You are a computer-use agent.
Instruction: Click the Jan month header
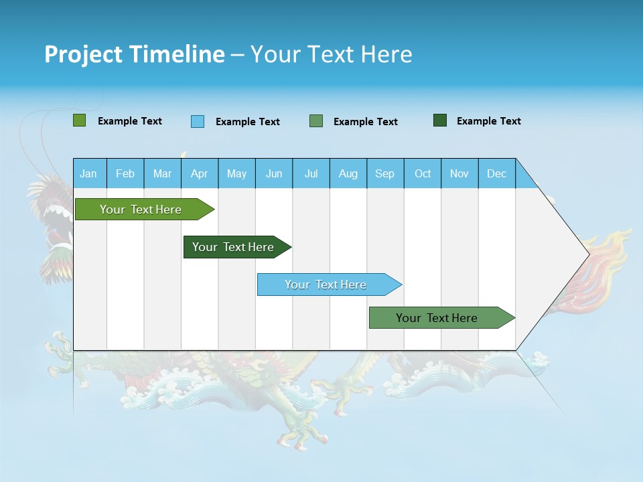(88, 173)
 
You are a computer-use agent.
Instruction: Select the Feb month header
(125, 173)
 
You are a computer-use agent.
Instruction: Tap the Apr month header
(199, 173)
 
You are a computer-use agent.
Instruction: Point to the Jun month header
(274, 173)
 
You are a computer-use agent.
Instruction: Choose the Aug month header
(348, 173)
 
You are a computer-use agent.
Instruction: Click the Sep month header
(384, 173)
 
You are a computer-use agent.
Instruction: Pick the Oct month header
(423, 173)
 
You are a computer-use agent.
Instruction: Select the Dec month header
(496, 173)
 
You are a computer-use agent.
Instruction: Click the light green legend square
(79, 120)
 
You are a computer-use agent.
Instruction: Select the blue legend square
(198, 121)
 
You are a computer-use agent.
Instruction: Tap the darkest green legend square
(440, 120)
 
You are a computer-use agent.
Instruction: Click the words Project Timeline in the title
(134, 54)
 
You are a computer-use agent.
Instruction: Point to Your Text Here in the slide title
(331, 54)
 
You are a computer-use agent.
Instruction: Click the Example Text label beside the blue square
(248, 122)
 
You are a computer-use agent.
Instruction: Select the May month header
(236, 173)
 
